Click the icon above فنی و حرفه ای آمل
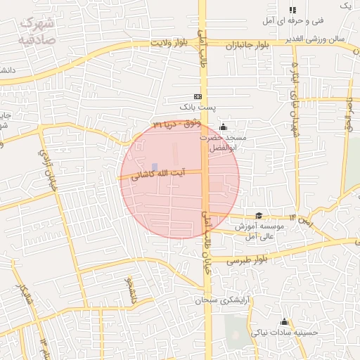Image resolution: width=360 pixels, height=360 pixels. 292,10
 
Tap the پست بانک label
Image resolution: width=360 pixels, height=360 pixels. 196,108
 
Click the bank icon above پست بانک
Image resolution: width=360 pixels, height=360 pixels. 198,96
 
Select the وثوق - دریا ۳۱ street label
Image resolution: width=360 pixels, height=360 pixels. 176,124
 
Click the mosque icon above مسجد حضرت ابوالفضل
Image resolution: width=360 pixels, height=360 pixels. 224,127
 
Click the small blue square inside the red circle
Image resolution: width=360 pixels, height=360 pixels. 155,167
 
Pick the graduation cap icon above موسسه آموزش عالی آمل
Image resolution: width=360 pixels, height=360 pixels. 259,216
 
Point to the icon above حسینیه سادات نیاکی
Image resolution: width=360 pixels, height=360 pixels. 284,321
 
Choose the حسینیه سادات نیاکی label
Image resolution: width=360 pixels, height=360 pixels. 285,333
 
